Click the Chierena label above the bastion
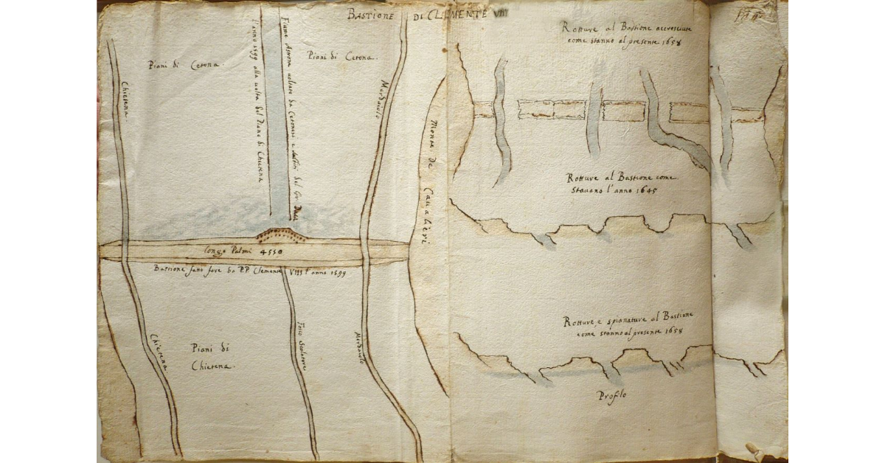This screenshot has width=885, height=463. pyautogui.click(x=121, y=102)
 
